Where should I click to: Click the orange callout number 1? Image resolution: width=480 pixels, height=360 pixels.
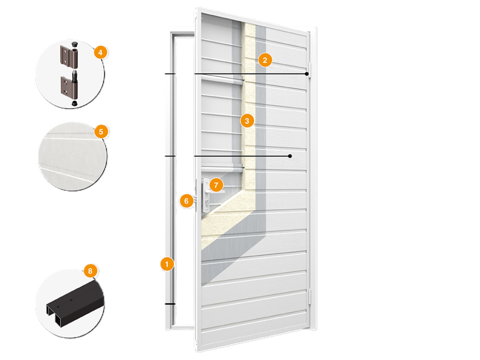[x=167, y=264]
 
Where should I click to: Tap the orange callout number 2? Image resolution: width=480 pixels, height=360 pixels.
[x=265, y=60]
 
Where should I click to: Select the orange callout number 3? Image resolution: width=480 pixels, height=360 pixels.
[x=247, y=121]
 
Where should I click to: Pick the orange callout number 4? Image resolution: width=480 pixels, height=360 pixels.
[x=101, y=52]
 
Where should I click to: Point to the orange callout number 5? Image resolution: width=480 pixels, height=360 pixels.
[x=101, y=132]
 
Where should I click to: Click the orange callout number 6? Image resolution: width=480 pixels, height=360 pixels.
[x=186, y=201]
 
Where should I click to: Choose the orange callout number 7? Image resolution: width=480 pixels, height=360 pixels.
[x=216, y=185]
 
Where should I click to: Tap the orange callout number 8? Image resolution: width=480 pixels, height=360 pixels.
[x=90, y=271]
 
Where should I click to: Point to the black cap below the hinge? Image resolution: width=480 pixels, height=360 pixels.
[x=74, y=103]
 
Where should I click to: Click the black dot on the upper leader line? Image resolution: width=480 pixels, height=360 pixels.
[x=307, y=74]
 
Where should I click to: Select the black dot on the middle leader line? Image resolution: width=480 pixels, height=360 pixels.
[x=290, y=156]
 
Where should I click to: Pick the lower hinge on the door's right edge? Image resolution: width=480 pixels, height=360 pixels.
[x=310, y=296]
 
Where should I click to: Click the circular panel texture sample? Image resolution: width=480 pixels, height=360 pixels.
[x=73, y=156]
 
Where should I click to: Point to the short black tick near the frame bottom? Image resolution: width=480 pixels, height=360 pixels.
[x=170, y=304]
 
